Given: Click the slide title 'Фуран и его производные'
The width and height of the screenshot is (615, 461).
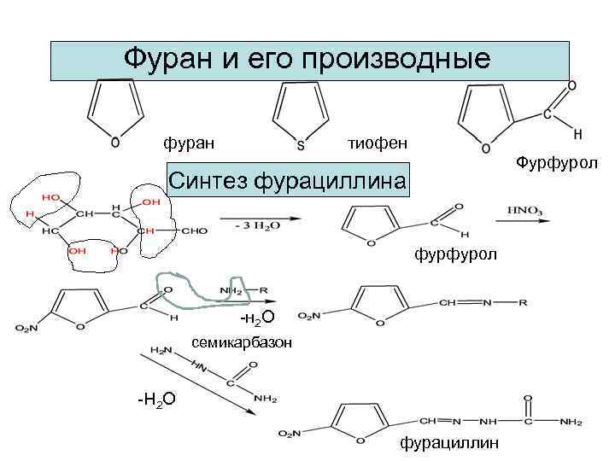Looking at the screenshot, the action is [307, 59].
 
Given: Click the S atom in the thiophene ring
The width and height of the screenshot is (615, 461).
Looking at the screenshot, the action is [300, 146].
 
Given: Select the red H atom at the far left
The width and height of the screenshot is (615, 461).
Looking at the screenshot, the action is [30, 213].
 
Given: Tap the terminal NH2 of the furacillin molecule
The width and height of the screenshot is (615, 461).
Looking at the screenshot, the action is [571, 423].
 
